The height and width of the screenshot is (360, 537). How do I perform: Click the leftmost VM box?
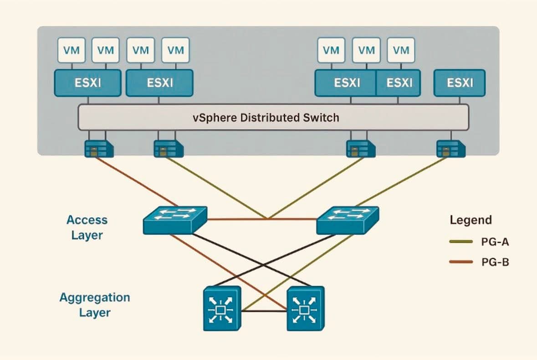(71, 50)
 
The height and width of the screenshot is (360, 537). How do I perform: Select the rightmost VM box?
(401, 50)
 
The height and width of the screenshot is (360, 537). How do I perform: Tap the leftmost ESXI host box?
(87, 83)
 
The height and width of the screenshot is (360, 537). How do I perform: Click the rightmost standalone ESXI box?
(460, 83)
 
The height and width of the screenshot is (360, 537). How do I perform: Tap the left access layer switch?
(175, 220)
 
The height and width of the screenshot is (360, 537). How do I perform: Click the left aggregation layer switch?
(222, 309)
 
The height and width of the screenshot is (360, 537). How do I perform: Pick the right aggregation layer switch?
(306, 309)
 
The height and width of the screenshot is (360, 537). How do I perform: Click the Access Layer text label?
(87, 227)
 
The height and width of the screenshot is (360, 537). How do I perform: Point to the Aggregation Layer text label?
(94, 305)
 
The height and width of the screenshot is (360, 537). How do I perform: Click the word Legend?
(471, 220)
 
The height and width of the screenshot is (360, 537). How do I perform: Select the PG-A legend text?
(496, 242)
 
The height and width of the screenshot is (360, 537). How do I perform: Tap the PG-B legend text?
(496, 262)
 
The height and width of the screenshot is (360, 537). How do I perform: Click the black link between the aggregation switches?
(264, 311)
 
